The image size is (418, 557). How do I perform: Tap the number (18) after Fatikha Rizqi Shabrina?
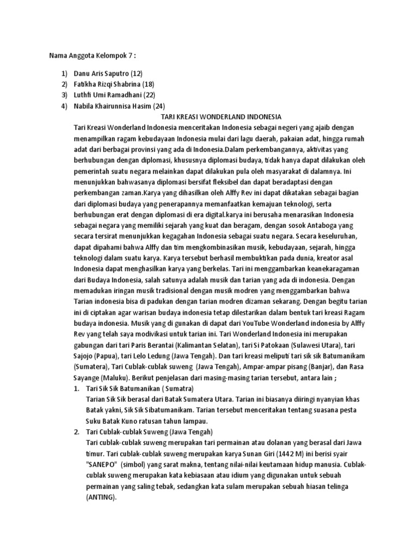click(148, 84)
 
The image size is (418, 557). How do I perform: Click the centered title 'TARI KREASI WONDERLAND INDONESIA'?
click(209, 116)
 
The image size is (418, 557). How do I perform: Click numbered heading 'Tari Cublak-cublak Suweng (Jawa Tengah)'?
click(144, 432)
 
